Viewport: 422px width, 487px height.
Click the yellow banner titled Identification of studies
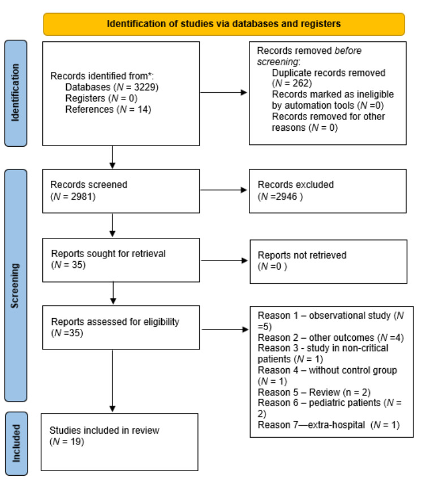pos(224,24)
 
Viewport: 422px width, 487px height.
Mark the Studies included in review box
pos(120,441)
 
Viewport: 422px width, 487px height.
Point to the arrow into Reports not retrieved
pos(223,260)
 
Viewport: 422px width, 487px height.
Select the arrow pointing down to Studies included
pos(114,379)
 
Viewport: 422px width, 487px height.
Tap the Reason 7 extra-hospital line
pos(328,425)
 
